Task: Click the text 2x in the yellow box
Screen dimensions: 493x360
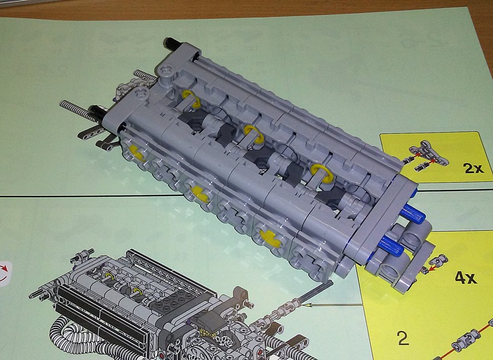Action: (x=473, y=168)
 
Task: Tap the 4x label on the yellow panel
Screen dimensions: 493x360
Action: (x=466, y=277)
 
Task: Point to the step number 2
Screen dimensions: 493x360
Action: (x=403, y=338)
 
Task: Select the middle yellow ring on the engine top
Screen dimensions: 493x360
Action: (x=254, y=134)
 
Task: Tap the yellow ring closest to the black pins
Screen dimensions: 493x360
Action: (x=192, y=99)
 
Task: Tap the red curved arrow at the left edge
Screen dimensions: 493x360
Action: (x=4, y=272)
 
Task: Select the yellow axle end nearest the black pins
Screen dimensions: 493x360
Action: (x=137, y=153)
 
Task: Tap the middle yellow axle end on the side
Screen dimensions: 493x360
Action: (x=200, y=194)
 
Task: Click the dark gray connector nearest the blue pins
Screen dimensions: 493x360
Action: (x=330, y=197)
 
